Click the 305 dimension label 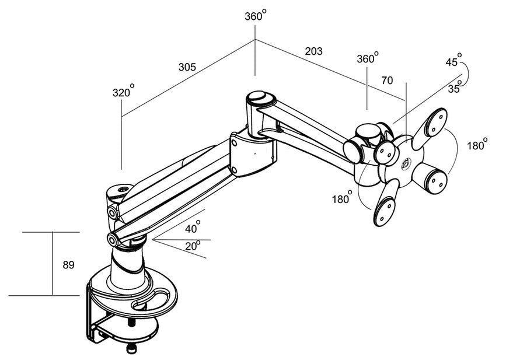187,67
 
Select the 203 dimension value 313,51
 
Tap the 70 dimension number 387,81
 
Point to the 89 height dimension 68,265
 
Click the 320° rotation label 123,92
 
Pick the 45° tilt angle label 453,61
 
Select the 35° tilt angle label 455,89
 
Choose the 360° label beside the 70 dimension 367,58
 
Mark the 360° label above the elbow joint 255,16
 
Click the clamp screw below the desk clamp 132,348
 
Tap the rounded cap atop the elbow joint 258,97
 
